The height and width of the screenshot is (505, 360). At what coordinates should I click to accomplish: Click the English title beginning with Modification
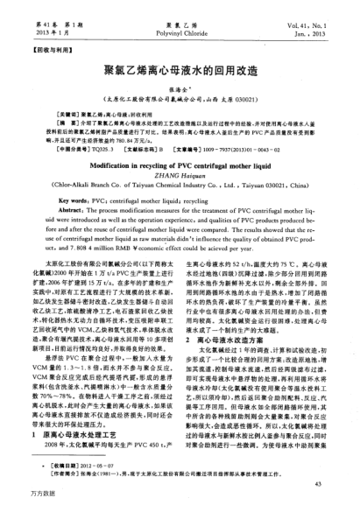pyautogui.click(x=179, y=163)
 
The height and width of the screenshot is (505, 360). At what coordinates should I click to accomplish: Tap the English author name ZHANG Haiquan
pyautogui.click(x=179, y=173)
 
